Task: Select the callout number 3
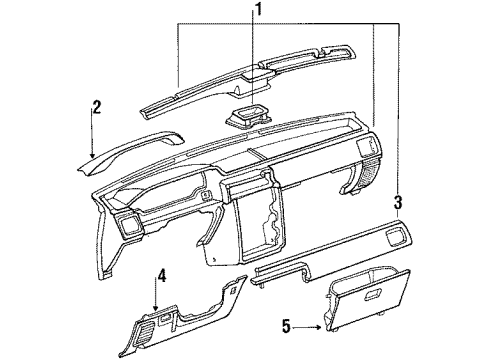[x=398, y=202]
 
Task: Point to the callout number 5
[x=285, y=325]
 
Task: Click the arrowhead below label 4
[x=156, y=304]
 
